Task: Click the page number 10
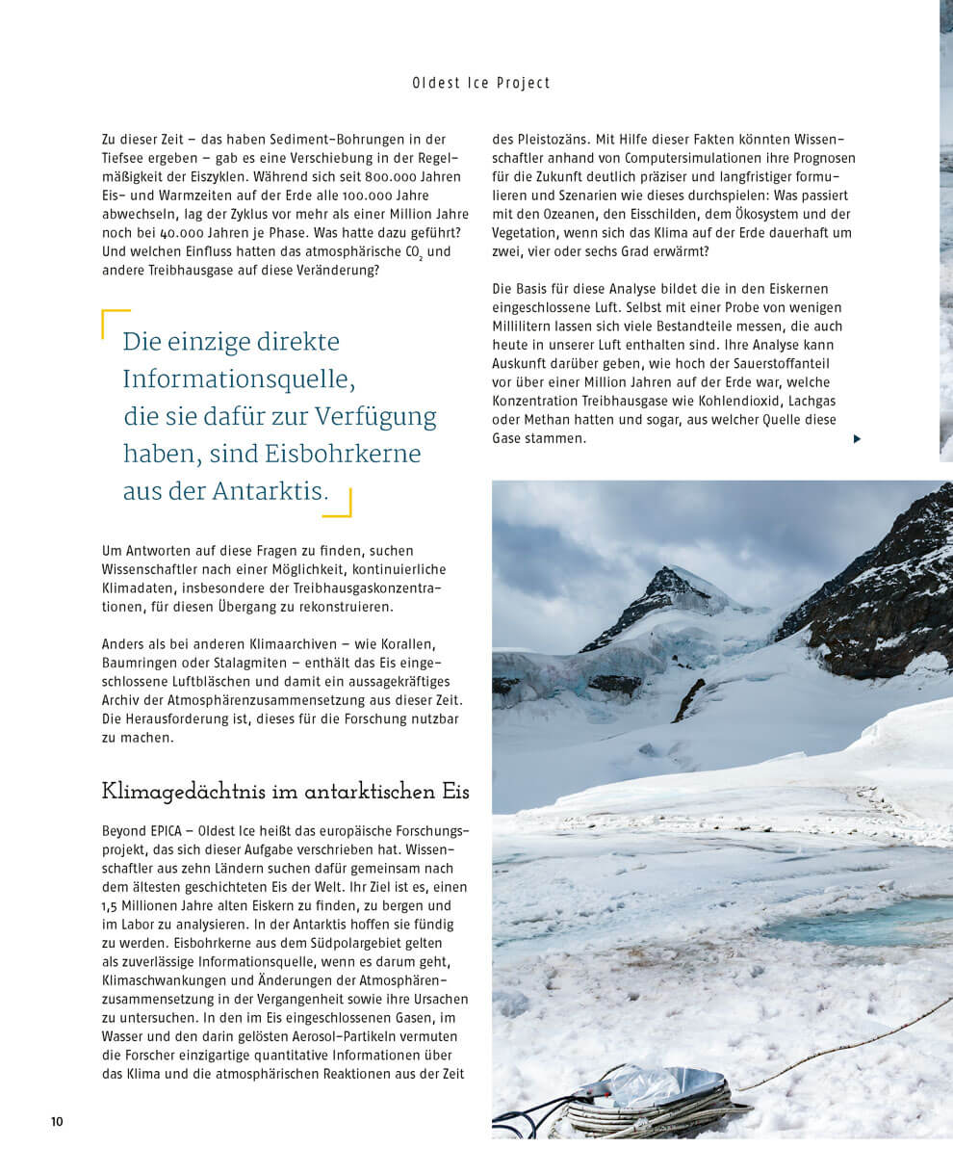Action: (57, 1121)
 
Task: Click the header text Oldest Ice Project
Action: (481, 83)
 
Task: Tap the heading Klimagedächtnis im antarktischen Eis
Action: (286, 792)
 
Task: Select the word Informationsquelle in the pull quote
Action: (239, 379)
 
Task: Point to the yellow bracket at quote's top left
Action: (114, 322)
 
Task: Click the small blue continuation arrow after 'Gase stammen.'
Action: (857, 439)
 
